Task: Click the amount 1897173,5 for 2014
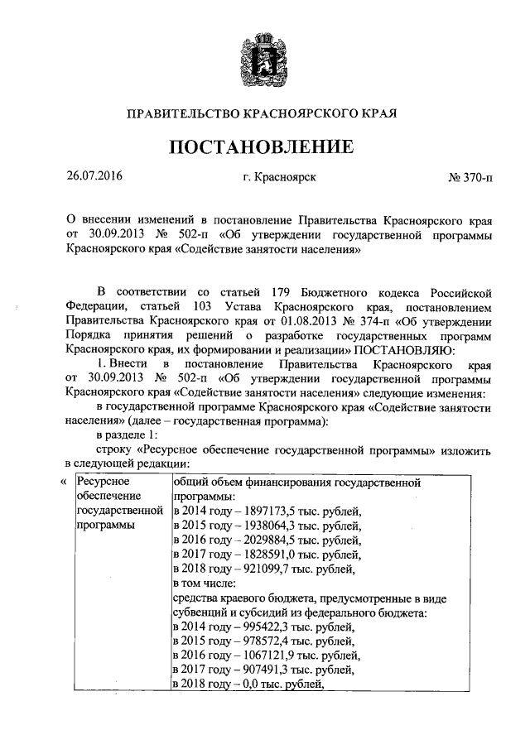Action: [x=267, y=509]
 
